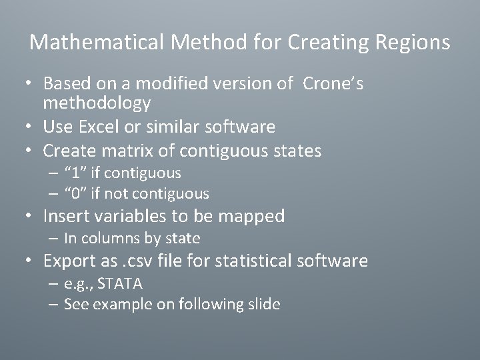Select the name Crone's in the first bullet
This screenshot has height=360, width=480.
coord(333,84)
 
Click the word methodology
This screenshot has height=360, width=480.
coord(97,103)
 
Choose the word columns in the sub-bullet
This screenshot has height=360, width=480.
coord(111,238)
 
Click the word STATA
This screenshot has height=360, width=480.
coord(120,283)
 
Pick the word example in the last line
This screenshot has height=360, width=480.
coord(116,304)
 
